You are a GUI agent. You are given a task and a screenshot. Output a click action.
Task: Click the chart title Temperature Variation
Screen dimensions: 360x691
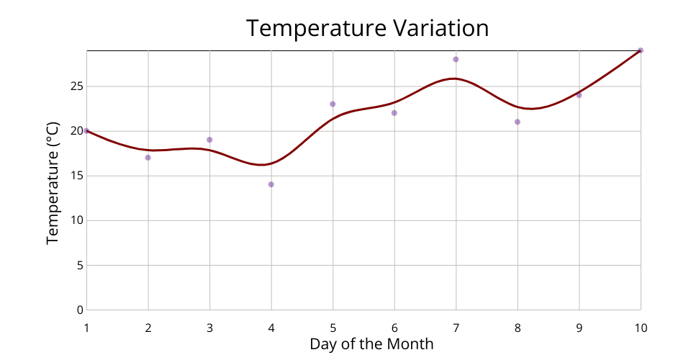coord(367,28)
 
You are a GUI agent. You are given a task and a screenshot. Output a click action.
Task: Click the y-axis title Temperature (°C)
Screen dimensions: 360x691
coord(53,181)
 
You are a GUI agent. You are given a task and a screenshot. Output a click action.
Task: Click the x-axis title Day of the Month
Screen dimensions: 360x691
coord(371,343)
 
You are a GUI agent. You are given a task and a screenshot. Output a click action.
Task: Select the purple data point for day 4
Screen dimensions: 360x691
coord(271,184)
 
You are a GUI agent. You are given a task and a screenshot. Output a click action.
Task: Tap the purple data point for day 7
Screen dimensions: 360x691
coord(456,59)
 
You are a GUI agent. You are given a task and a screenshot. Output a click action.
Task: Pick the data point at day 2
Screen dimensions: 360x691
coord(148,158)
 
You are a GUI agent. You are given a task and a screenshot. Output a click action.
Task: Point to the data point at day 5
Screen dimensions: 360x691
coord(333,104)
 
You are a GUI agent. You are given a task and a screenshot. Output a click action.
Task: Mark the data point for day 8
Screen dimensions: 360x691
coord(518,122)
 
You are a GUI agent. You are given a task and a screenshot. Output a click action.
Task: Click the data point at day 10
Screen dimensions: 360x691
coord(641,50)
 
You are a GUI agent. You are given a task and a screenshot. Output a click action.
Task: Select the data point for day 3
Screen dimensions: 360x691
coord(209,140)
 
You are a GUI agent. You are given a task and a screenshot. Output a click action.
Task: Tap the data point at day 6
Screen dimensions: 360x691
coord(394,113)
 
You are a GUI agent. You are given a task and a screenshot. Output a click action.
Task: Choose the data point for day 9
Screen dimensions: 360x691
coord(579,95)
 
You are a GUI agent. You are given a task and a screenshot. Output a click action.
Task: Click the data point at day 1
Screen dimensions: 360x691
coord(86,131)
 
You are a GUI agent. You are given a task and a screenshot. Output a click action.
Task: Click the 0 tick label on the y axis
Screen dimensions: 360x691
coord(80,310)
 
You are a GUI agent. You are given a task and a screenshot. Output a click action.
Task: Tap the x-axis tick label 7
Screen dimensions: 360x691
coord(456,328)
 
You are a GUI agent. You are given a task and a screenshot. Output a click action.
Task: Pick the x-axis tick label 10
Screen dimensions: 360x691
coord(641,328)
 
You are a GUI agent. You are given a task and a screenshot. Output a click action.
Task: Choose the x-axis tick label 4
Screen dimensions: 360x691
coord(271,328)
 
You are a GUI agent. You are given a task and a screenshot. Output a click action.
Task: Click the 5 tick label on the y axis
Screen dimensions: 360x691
coord(80,265)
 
